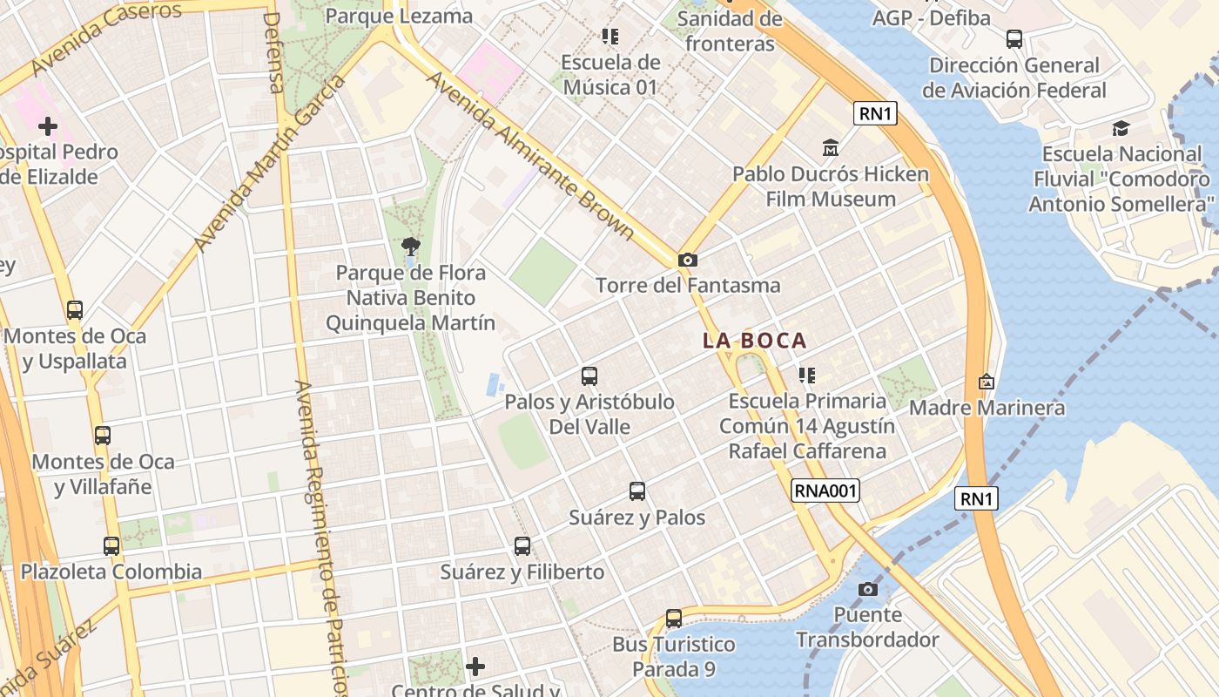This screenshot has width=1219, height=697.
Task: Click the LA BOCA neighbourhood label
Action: pyautogui.click(x=755, y=341)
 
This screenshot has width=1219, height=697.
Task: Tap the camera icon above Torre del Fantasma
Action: pyautogui.click(x=688, y=260)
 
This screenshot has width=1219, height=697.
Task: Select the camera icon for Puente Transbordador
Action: pyautogui.click(x=867, y=589)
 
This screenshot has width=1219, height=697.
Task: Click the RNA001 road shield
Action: pyautogui.click(x=825, y=491)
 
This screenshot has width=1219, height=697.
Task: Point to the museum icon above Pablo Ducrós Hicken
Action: pyautogui.click(x=831, y=147)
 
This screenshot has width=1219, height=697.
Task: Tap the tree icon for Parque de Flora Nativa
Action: pyautogui.click(x=410, y=247)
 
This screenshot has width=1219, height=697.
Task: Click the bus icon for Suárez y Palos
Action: pyautogui.click(x=637, y=491)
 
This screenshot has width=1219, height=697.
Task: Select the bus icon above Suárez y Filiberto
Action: pyautogui.click(x=522, y=546)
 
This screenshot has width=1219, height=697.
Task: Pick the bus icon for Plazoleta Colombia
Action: pyautogui.click(x=111, y=546)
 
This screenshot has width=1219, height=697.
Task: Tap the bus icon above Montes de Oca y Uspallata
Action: pyautogui.click(x=75, y=310)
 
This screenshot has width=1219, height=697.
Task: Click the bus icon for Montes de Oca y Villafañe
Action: pyautogui.click(x=103, y=436)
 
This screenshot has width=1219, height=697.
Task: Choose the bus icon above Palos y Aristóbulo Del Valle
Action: pyautogui.click(x=589, y=376)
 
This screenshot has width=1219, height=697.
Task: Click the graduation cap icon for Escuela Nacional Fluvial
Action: pyautogui.click(x=1121, y=129)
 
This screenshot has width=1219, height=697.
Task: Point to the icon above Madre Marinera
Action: pyautogui.click(x=987, y=382)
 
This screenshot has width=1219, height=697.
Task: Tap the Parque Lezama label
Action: pyautogui.click(x=400, y=16)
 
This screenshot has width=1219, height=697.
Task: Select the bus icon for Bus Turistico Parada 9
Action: pyautogui.click(x=674, y=619)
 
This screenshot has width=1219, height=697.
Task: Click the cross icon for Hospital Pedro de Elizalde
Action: pyautogui.click(x=48, y=126)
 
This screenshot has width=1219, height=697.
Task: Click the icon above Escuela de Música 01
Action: pyautogui.click(x=610, y=37)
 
